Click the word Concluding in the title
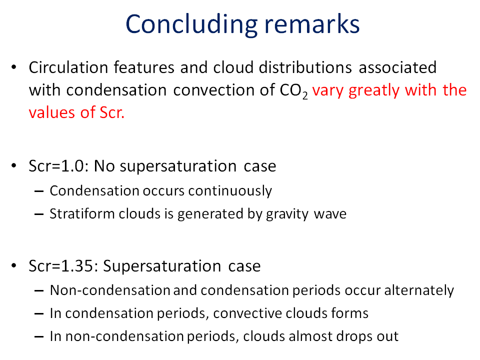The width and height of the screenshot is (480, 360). (192, 25)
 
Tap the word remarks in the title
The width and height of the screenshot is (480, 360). (312, 24)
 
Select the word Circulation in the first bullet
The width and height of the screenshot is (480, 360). (68, 67)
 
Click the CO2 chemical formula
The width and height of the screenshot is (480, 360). (294, 91)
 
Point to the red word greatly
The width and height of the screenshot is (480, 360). (374, 91)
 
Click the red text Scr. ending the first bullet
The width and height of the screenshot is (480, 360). (112, 112)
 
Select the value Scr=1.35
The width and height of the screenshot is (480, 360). (63, 265)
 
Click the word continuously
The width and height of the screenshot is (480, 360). (230, 191)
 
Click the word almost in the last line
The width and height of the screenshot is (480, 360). (310, 336)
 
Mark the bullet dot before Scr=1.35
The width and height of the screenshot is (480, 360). (14, 265)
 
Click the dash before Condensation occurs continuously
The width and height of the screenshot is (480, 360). (39, 191)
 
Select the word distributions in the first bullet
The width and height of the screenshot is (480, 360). (305, 67)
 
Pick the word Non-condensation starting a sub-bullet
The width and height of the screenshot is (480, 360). (110, 290)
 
